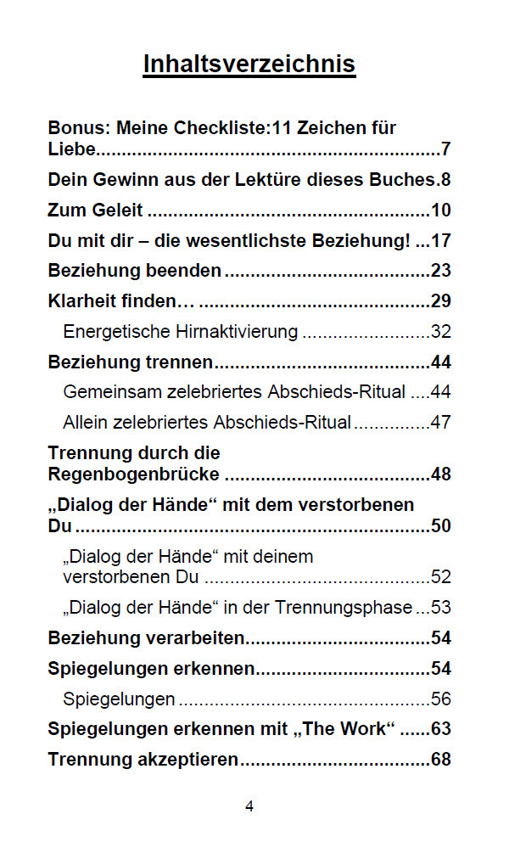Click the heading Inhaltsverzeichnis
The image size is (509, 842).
(x=249, y=65)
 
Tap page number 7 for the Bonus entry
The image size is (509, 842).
(x=445, y=150)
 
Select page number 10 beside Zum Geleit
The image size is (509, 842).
(x=440, y=210)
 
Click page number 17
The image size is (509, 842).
(x=440, y=241)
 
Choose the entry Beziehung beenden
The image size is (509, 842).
(x=135, y=271)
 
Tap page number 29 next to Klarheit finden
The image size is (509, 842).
(x=440, y=301)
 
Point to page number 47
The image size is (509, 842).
(x=440, y=422)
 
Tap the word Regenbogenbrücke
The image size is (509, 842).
(x=134, y=474)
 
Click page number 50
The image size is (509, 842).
(x=440, y=525)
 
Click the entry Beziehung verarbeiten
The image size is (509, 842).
(x=147, y=637)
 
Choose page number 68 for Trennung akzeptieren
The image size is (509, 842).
(x=440, y=759)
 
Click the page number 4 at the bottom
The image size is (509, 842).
(x=249, y=806)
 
